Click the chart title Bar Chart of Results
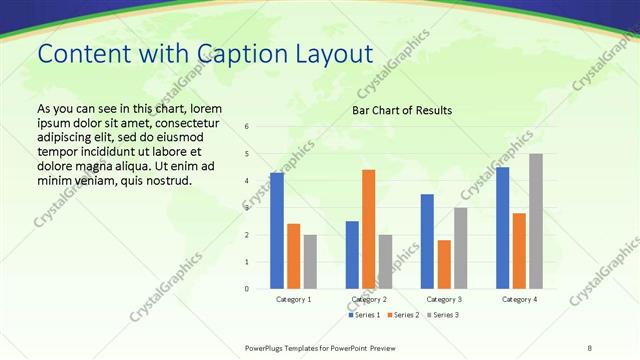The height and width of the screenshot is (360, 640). point(402,110)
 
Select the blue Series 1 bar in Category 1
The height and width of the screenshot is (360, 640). point(277,231)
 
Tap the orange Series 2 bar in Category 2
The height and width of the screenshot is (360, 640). point(368,229)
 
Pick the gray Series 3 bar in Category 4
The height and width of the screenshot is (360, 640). point(536,221)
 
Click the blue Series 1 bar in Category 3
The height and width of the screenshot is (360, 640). point(427,241)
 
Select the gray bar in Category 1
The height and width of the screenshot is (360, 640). point(310,262)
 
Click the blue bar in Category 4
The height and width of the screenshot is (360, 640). point(503,228)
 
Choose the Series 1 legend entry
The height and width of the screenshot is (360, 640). point(364,315)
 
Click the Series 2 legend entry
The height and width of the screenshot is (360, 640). point(404,315)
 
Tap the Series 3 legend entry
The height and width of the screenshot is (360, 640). point(444,315)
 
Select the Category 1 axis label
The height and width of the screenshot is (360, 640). point(294,299)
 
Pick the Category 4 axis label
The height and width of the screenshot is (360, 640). point(519,299)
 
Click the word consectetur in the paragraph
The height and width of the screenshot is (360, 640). point(177,122)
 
